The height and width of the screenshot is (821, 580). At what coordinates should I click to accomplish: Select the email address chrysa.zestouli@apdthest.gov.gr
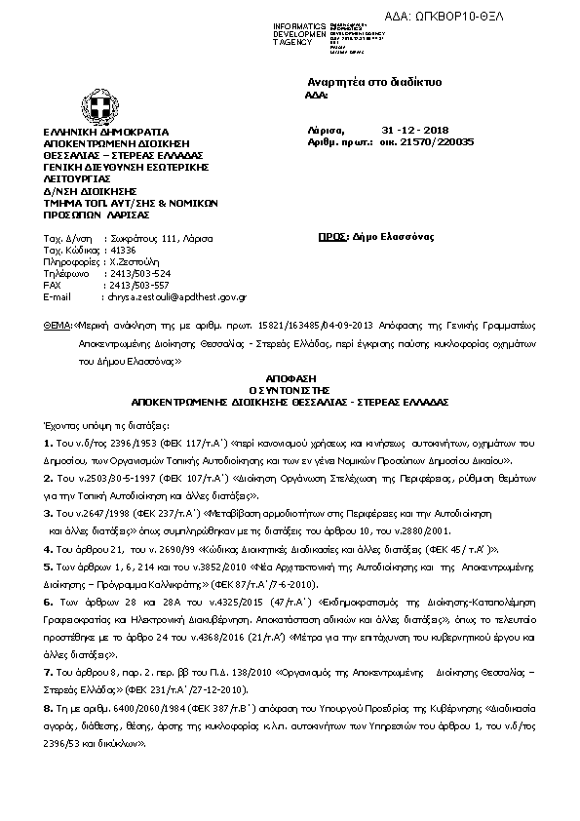177,295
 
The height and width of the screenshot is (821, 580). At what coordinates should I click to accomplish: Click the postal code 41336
124,251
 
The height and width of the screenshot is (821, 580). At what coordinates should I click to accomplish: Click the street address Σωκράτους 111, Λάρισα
160,239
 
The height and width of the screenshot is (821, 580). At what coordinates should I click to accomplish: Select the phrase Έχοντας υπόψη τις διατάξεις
101,426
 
